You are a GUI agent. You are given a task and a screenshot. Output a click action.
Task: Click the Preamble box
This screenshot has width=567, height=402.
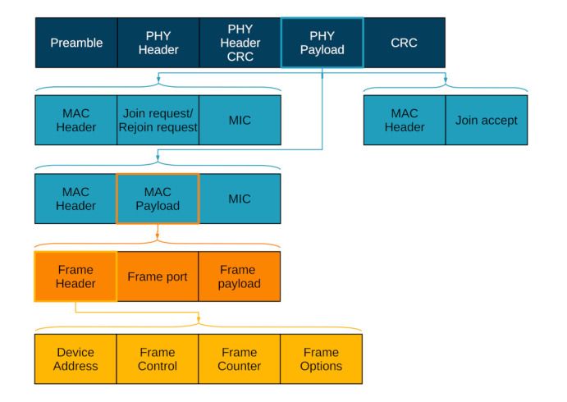click(x=75, y=43)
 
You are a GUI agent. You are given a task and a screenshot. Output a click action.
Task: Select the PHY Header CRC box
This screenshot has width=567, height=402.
click(x=240, y=43)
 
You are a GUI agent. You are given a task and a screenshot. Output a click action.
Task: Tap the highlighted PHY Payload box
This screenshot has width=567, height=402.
click(x=322, y=43)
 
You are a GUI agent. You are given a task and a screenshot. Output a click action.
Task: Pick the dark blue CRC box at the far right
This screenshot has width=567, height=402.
click(x=404, y=43)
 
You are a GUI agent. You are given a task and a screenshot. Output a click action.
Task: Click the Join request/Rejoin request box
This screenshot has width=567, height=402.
click(x=158, y=121)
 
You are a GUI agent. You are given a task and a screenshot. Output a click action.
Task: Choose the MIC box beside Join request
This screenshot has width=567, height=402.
click(x=240, y=121)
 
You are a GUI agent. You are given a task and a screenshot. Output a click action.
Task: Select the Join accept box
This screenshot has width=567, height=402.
click(x=486, y=121)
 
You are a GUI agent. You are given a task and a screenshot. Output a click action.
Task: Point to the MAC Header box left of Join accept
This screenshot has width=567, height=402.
click(x=404, y=121)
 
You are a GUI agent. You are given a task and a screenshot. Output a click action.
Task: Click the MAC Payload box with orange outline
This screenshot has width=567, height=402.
click(x=158, y=199)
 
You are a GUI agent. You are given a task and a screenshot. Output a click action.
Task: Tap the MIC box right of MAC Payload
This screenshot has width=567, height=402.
click(x=240, y=199)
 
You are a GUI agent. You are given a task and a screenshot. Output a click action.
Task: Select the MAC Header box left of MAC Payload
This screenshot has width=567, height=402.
click(x=75, y=199)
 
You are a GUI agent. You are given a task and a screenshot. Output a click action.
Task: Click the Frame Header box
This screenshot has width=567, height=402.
click(x=75, y=276)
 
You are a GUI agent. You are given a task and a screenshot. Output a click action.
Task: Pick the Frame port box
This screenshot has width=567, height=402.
click(x=158, y=276)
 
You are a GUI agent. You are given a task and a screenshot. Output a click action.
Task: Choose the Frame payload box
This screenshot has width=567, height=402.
click(x=240, y=276)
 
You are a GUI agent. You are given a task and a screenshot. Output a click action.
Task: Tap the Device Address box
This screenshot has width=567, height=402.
click(x=75, y=359)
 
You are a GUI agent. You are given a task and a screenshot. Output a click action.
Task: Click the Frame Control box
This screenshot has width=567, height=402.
click(x=158, y=359)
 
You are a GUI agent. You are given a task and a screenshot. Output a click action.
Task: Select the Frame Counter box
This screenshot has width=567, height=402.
click(x=240, y=359)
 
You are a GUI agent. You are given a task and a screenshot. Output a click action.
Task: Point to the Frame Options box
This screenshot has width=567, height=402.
click(x=322, y=359)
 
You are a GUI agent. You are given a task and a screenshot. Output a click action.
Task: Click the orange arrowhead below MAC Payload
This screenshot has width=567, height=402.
click(x=158, y=238)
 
